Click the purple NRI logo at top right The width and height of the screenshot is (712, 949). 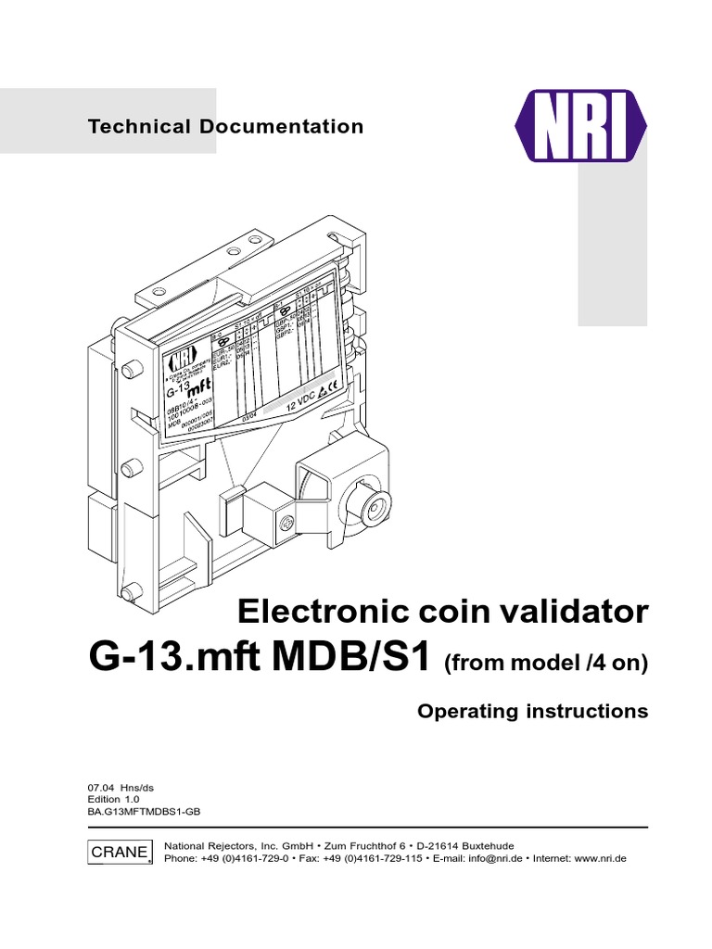pos(581,125)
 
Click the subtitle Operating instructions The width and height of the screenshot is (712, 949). pos(532,712)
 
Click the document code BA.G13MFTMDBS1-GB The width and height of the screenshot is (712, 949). pos(144,811)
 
